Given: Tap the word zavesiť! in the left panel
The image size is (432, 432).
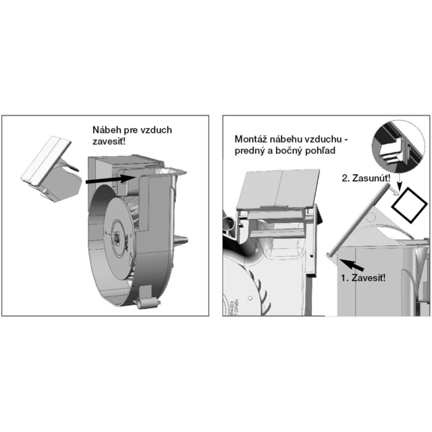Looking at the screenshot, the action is pos(109,142).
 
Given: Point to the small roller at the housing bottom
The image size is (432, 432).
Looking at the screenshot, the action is pos(148,303).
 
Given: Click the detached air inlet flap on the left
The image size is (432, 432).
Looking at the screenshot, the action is pos(50,169).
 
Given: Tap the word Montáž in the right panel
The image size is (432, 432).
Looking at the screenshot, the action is pos(250,139).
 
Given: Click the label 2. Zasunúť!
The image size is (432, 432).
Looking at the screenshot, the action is pos(366,178).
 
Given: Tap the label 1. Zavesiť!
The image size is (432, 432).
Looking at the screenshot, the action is pos(363,278).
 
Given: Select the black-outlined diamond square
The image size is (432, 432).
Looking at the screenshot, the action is pos(409,205).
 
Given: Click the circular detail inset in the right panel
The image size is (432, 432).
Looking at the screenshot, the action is pos(398,147).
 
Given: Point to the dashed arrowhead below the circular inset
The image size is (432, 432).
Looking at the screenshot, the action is pos(399,188).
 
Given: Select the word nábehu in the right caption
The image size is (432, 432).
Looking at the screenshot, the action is pos(284,139).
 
